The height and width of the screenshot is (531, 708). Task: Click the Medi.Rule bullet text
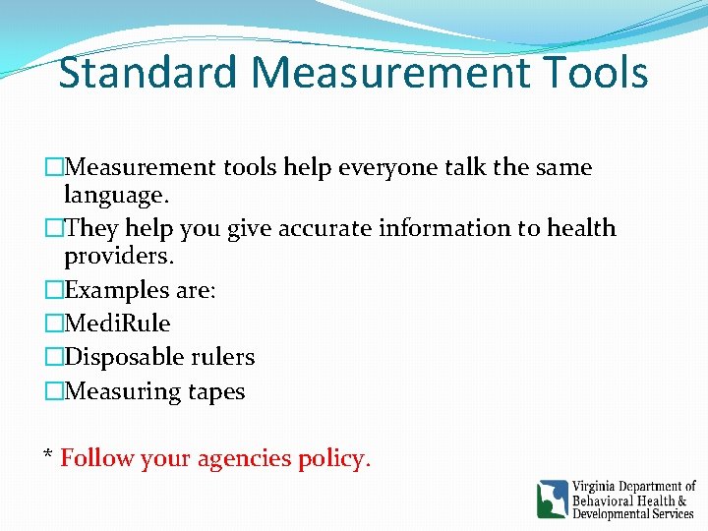[x=117, y=324]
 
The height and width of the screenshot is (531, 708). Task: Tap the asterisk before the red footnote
[x=47, y=454]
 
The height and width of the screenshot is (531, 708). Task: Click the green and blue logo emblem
[x=552, y=499]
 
